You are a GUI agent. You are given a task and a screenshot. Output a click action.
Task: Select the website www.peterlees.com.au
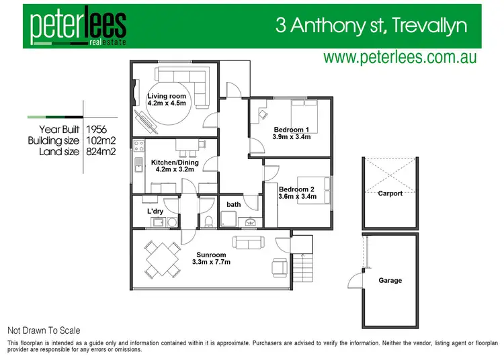pos(400,58)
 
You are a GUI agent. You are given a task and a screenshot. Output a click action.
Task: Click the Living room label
pos(167,96)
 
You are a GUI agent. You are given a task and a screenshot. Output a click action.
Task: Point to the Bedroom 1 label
pos(291,130)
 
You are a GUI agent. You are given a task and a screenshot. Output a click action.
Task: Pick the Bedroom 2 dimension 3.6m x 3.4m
pos(298,197)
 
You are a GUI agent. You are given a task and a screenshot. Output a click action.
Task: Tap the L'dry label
pos(155,212)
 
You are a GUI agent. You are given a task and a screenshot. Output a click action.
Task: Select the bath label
pos(234,204)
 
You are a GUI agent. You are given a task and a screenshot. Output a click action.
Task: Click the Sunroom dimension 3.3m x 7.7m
pos(211,262)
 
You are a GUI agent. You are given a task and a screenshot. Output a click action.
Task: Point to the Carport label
pos(390,193)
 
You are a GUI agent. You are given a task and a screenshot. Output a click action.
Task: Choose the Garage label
pos(390,280)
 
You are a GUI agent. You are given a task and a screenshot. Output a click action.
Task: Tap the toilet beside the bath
pos(208,220)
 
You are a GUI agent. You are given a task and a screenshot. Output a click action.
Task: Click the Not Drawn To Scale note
pos(43,330)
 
